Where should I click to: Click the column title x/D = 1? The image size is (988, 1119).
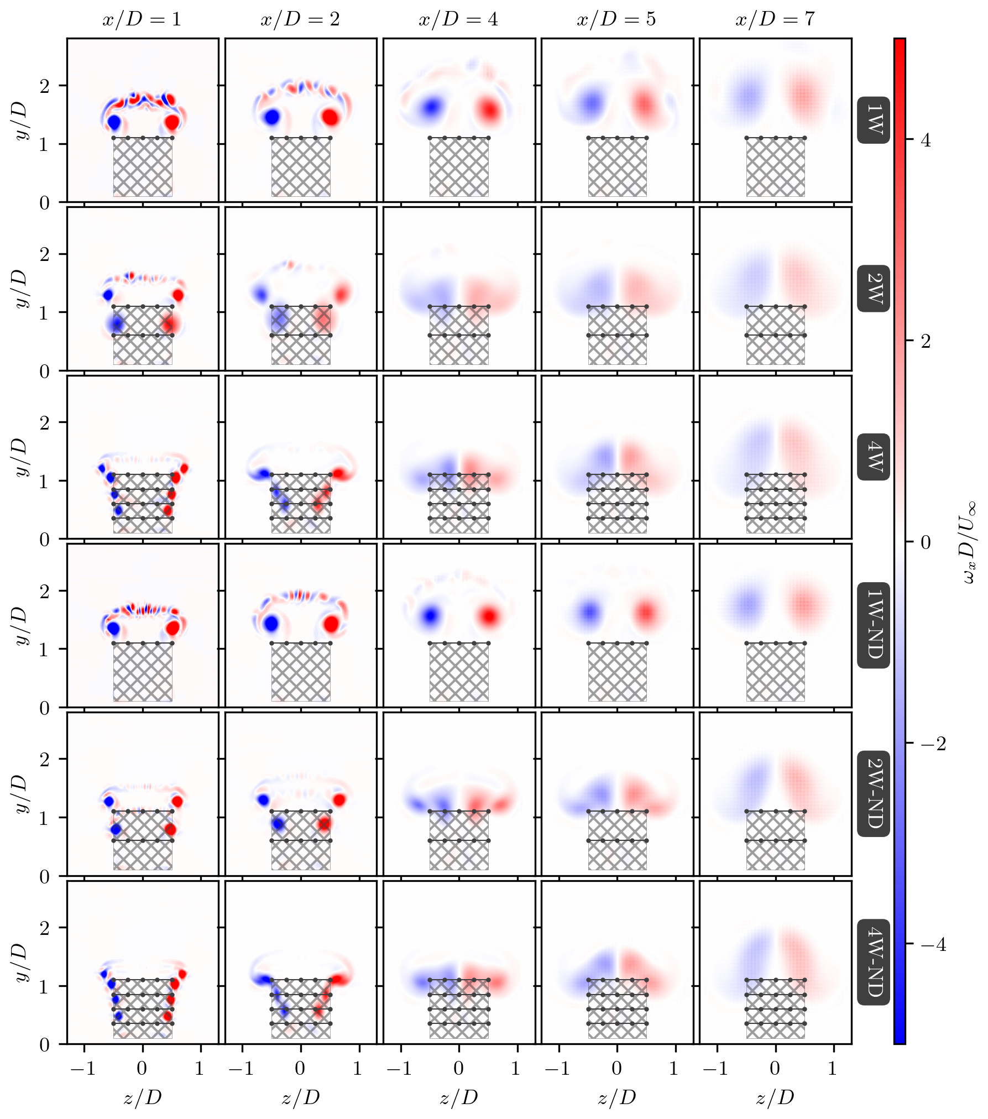pyautogui.click(x=142, y=19)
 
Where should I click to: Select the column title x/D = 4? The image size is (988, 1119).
pyautogui.click(x=458, y=19)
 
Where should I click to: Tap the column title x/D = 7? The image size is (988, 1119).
pyautogui.click(x=775, y=19)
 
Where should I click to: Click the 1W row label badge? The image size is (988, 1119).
pyautogui.click(x=874, y=120)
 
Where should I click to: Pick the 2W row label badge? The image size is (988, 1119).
pyautogui.click(x=874, y=289)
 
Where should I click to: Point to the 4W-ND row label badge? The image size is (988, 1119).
pyautogui.click(x=874, y=962)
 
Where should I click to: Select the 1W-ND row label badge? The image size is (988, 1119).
pyautogui.click(x=874, y=625)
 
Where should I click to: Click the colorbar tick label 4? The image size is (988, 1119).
pyautogui.click(x=926, y=140)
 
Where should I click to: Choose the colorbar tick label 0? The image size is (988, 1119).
pyautogui.click(x=926, y=542)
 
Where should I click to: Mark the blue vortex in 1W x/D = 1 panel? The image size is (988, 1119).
pyautogui.click(x=114, y=122)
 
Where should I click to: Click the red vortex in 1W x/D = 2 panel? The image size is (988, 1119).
pyautogui.click(x=330, y=118)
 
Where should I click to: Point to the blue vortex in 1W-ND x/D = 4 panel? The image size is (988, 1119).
pyautogui.click(x=430, y=615)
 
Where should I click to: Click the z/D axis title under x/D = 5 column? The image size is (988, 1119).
pyautogui.click(x=616, y=1097)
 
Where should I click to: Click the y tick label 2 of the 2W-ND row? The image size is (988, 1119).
pyautogui.click(x=45, y=760)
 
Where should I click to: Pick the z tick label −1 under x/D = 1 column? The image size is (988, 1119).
pyautogui.click(x=83, y=1069)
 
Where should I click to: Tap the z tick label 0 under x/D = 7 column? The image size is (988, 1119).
pyautogui.click(x=775, y=1069)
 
